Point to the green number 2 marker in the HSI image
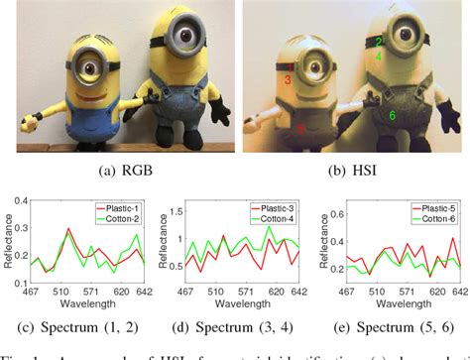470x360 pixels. [379, 43]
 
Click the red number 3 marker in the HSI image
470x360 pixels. [288, 78]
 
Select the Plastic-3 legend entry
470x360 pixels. [280, 206]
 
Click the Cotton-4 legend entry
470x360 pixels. [280, 216]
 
